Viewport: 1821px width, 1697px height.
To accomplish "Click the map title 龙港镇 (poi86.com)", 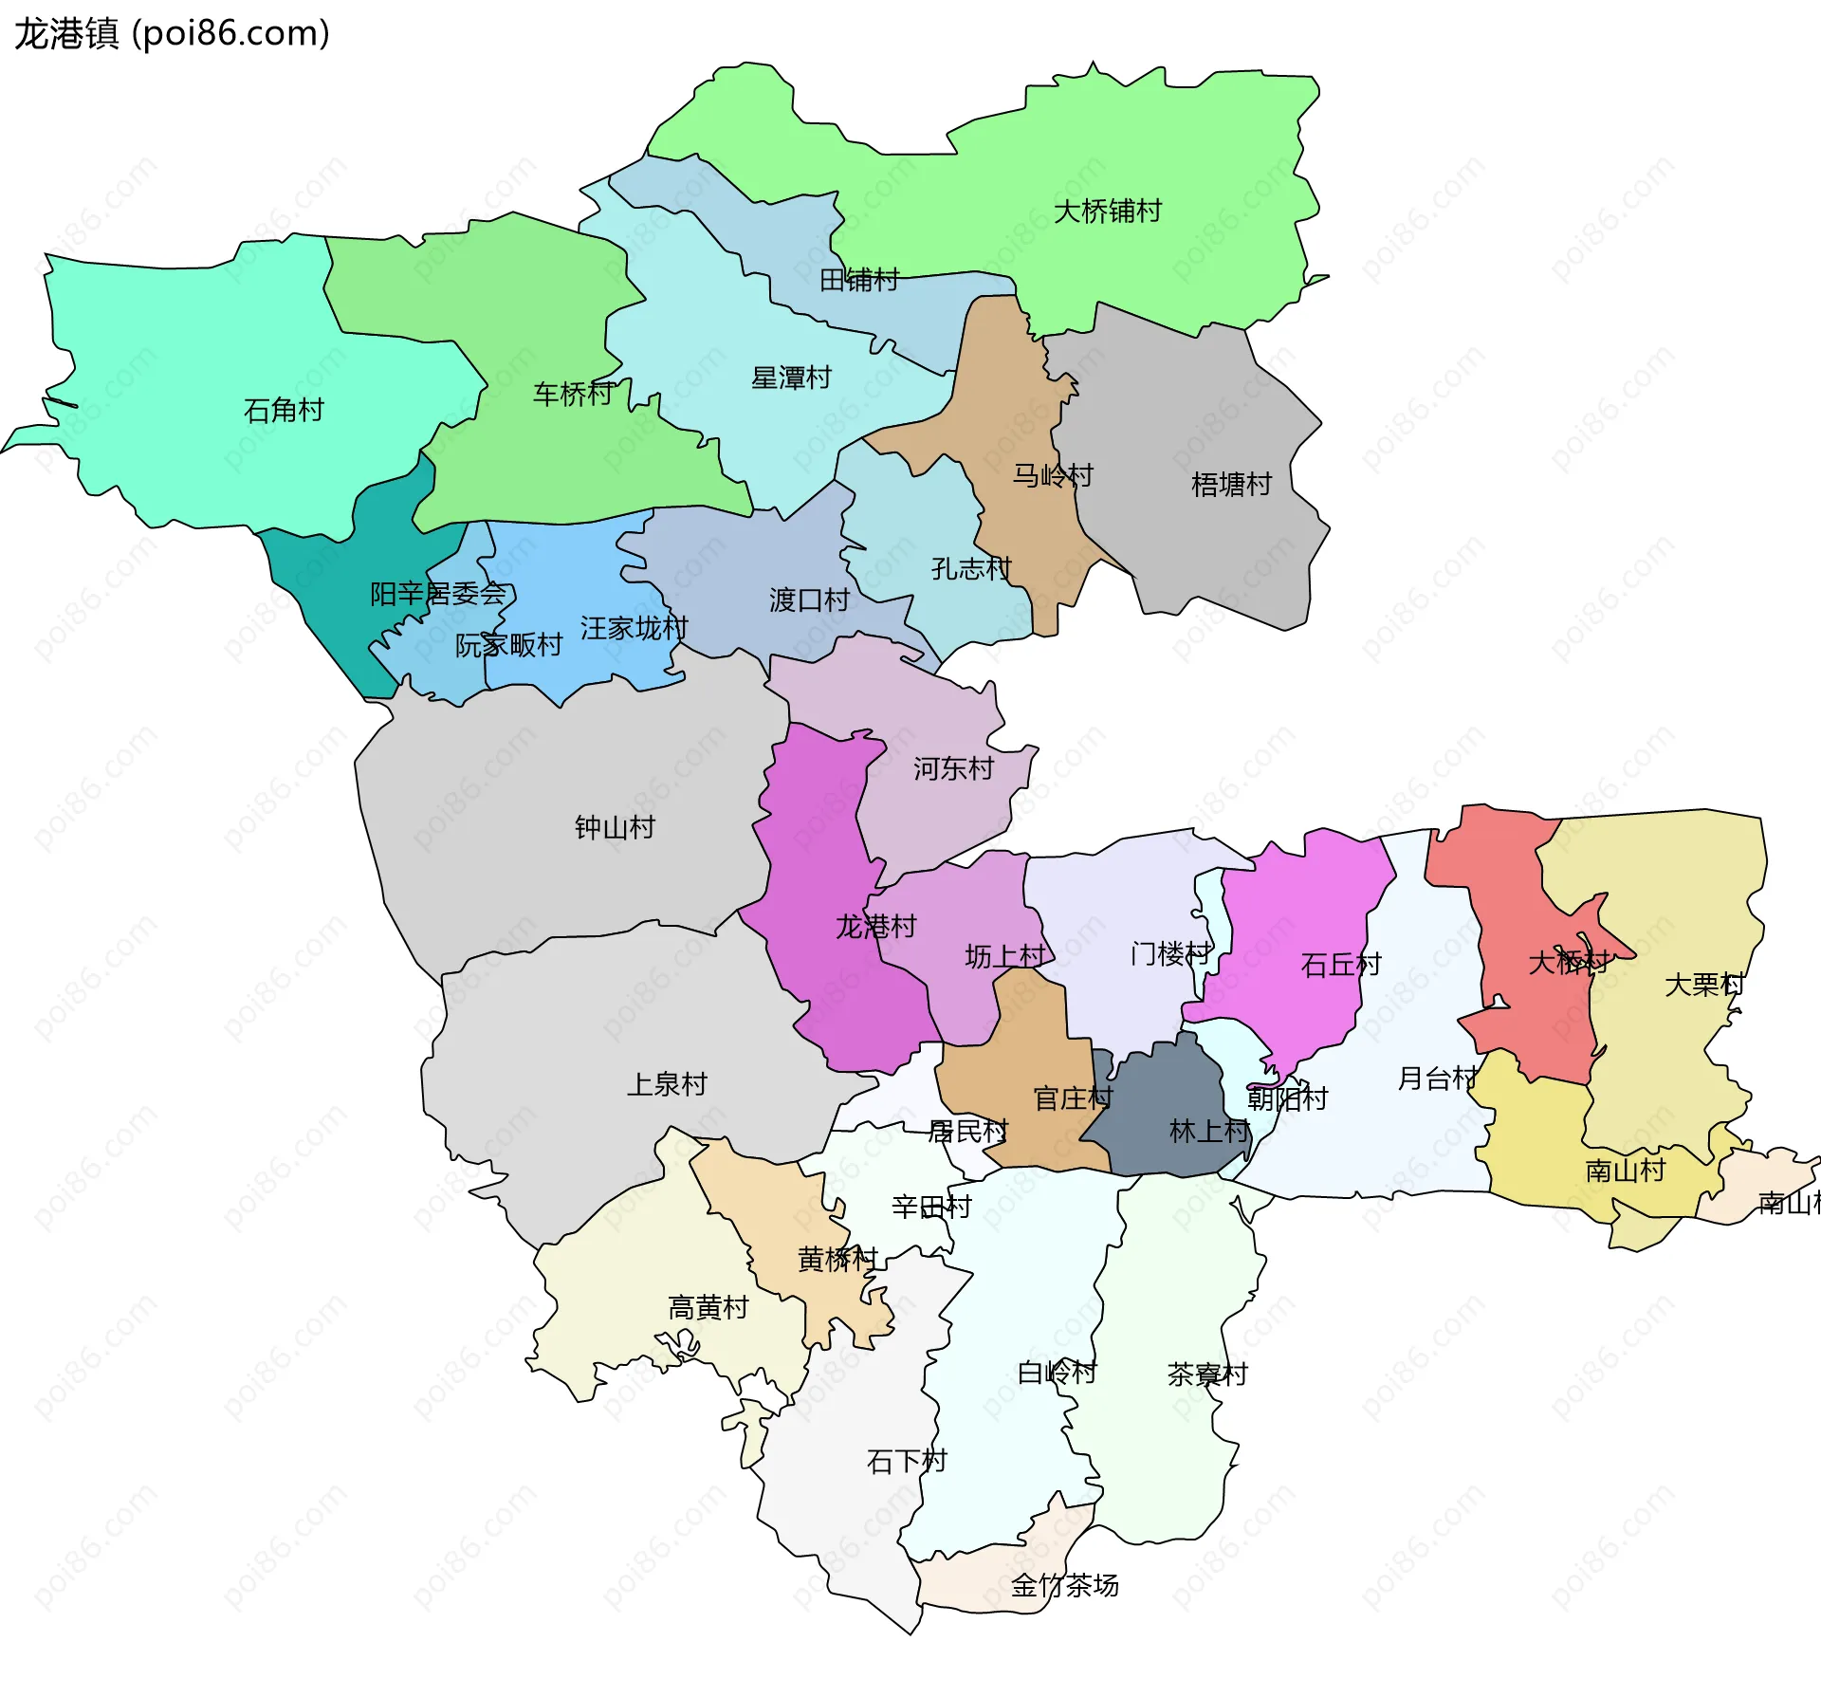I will pyautogui.click(x=172, y=33).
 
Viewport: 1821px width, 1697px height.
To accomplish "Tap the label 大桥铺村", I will pyautogui.click(x=1107, y=211).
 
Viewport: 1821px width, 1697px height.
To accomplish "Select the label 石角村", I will pyautogui.click(x=284, y=410).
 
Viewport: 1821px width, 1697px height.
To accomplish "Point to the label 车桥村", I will pyautogui.click(x=573, y=394).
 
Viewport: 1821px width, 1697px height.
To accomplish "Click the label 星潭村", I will pyautogui.click(x=791, y=378).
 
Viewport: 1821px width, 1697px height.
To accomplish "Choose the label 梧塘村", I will pyautogui.click(x=1231, y=485).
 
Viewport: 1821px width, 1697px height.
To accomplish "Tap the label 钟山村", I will pyautogui.click(x=615, y=827).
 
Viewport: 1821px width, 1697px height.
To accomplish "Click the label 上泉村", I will pyautogui.click(x=667, y=1083).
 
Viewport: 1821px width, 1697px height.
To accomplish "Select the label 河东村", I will pyautogui.click(x=953, y=768).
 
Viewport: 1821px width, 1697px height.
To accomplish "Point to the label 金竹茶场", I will pyautogui.click(x=1064, y=1585).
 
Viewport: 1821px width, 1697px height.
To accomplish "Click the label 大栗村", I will pyautogui.click(x=1704, y=985).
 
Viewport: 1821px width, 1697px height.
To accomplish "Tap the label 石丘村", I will pyautogui.click(x=1340, y=965).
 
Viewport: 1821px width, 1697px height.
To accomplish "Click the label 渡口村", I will pyautogui.click(x=808, y=599).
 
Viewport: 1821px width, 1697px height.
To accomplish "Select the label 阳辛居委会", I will pyautogui.click(x=438, y=594).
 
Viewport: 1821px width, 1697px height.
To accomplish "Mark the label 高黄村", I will pyautogui.click(x=708, y=1308).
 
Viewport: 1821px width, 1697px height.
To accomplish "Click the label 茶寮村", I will pyautogui.click(x=1207, y=1374).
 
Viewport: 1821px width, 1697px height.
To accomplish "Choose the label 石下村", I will pyautogui.click(x=907, y=1462).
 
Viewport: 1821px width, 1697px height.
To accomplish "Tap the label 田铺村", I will pyautogui.click(x=858, y=280).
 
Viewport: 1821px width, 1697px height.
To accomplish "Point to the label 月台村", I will pyautogui.click(x=1437, y=1078).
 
